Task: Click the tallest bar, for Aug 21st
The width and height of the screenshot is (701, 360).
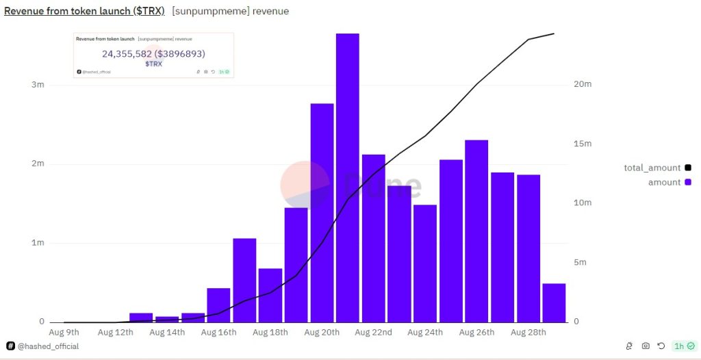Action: coord(347,178)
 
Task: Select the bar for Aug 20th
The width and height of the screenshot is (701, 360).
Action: coord(322,213)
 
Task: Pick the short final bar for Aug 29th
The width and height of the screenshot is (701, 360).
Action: coord(554,303)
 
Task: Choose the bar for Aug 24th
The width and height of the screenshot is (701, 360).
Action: coord(424,263)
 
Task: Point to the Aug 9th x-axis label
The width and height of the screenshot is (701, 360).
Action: coord(65,333)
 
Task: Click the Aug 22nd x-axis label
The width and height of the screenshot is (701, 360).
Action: coord(373,333)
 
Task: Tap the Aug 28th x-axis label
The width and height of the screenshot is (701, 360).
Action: coord(528,333)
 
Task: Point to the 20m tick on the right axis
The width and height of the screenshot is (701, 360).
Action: coord(583,84)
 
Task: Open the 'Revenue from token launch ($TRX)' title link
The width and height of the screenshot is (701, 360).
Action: coord(84,12)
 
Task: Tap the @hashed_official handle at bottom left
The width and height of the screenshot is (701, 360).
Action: coord(47,346)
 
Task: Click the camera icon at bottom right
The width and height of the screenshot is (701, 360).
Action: coord(646,346)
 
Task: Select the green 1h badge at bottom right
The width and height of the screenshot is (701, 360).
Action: coord(684,346)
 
